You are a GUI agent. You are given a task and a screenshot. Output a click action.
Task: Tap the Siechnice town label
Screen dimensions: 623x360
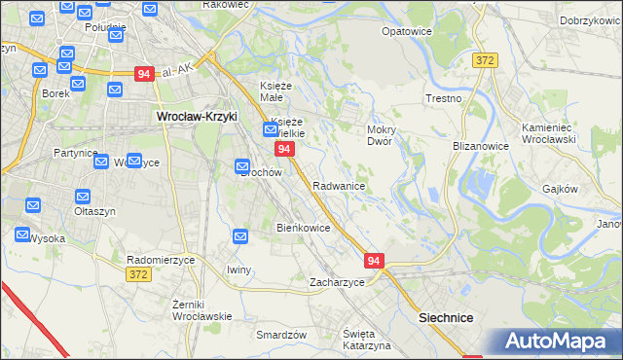tap(446, 317)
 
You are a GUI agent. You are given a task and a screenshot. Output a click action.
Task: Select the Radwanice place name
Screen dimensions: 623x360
tap(339, 186)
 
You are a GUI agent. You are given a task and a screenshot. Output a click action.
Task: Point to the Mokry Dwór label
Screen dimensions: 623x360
tap(379, 135)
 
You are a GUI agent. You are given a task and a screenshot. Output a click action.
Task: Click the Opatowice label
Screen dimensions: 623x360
tap(407, 31)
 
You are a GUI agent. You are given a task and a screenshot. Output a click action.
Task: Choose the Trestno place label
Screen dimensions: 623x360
tap(443, 99)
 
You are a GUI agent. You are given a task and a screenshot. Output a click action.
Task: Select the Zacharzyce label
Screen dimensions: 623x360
tap(337, 282)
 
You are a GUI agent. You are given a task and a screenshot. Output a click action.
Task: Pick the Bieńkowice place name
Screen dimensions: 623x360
tap(304, 228)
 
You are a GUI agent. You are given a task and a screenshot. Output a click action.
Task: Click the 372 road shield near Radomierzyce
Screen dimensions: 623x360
tap(137, 275)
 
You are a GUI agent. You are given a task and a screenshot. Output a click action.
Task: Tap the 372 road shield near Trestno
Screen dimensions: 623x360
tap(486, 60)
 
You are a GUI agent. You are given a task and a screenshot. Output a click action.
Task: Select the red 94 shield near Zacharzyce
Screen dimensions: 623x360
tap(375, 261)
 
